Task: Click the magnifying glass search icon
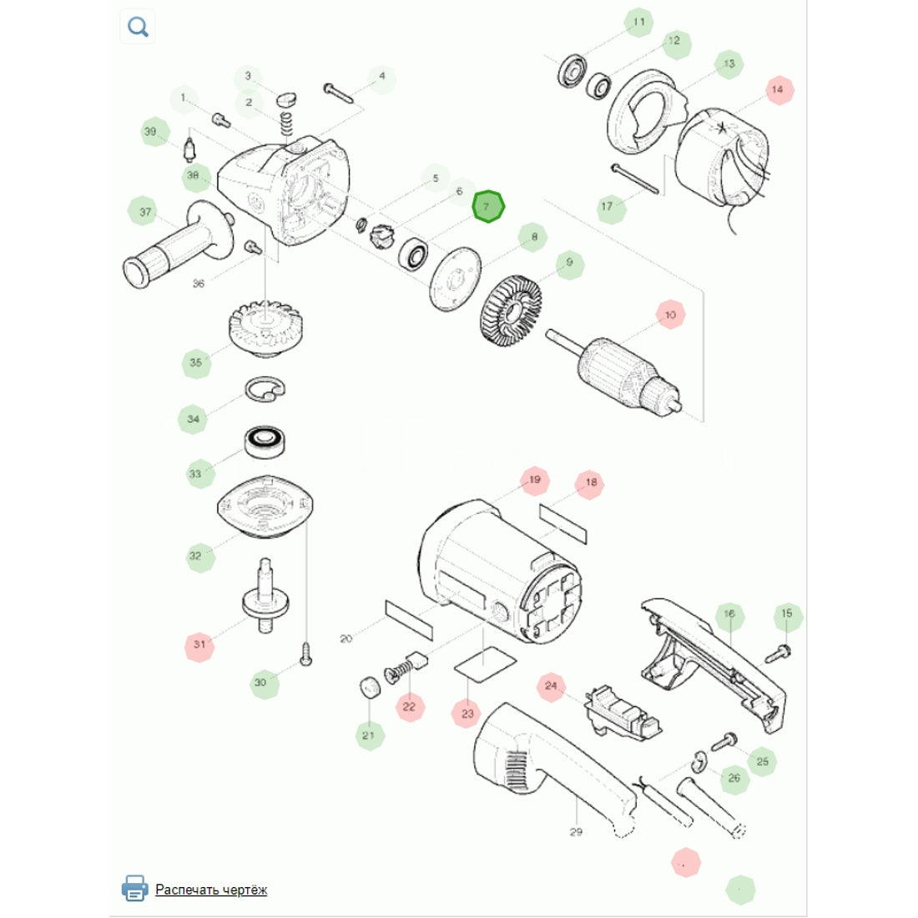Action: [138, 27]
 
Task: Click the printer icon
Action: [134, 888]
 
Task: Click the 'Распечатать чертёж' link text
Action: [211, 890]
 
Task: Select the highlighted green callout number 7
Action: [487, 207]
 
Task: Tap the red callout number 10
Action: [670, 315]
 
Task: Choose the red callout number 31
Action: [199, 644]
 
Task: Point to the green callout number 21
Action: [369, 734]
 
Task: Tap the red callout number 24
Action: [551, 685]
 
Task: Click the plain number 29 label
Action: [576, 831]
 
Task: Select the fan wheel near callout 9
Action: [511, 311]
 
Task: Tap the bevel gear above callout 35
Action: [265, 329]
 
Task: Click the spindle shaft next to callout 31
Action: [265, 595]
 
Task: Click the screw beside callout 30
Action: [305, 654]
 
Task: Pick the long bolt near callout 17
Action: [635, 179]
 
